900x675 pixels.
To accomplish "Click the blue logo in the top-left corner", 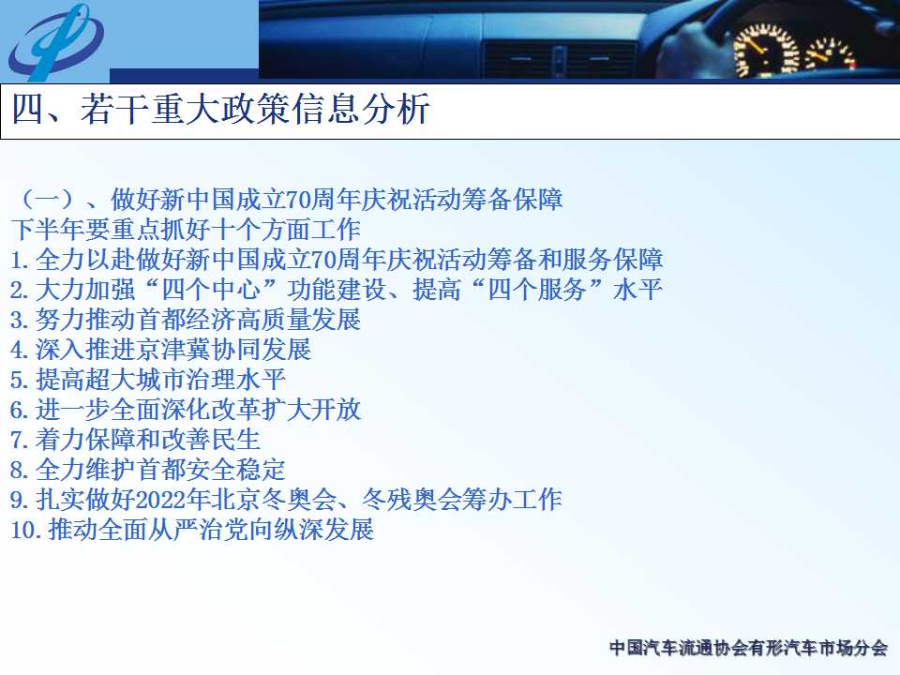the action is click(55, 42).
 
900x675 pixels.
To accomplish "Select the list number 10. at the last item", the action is click(26, 530).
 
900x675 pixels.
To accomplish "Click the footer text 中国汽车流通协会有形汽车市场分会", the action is click(748, 648).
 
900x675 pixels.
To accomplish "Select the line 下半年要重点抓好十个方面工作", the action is click(186, 230).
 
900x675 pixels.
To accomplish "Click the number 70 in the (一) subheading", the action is click(298, 200).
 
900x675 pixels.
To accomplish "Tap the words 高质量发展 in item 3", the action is click(298, 320).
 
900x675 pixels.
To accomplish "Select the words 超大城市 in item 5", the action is click(135, 380).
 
